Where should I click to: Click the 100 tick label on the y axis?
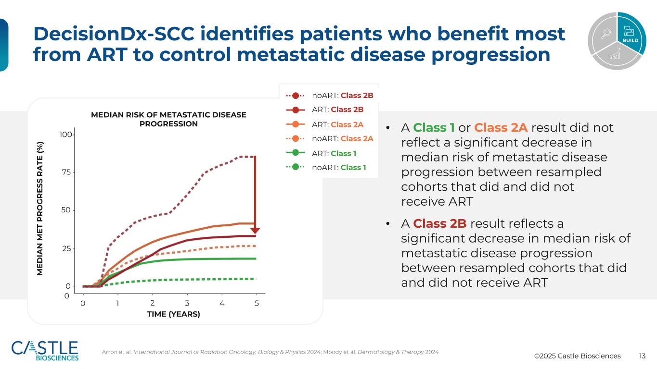(66, 135)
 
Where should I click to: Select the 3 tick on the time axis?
(187, 303)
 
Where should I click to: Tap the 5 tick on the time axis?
(257, 303)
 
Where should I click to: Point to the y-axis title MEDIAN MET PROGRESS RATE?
(42, 209)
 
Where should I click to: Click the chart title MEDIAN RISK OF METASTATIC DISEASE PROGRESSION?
(168, 119)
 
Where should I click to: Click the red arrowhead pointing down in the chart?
(255, 230)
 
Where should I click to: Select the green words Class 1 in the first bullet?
(434, 128)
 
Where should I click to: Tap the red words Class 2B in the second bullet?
(439, 224)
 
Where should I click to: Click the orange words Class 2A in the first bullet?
(501, 128)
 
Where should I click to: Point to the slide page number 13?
(642, 356)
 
